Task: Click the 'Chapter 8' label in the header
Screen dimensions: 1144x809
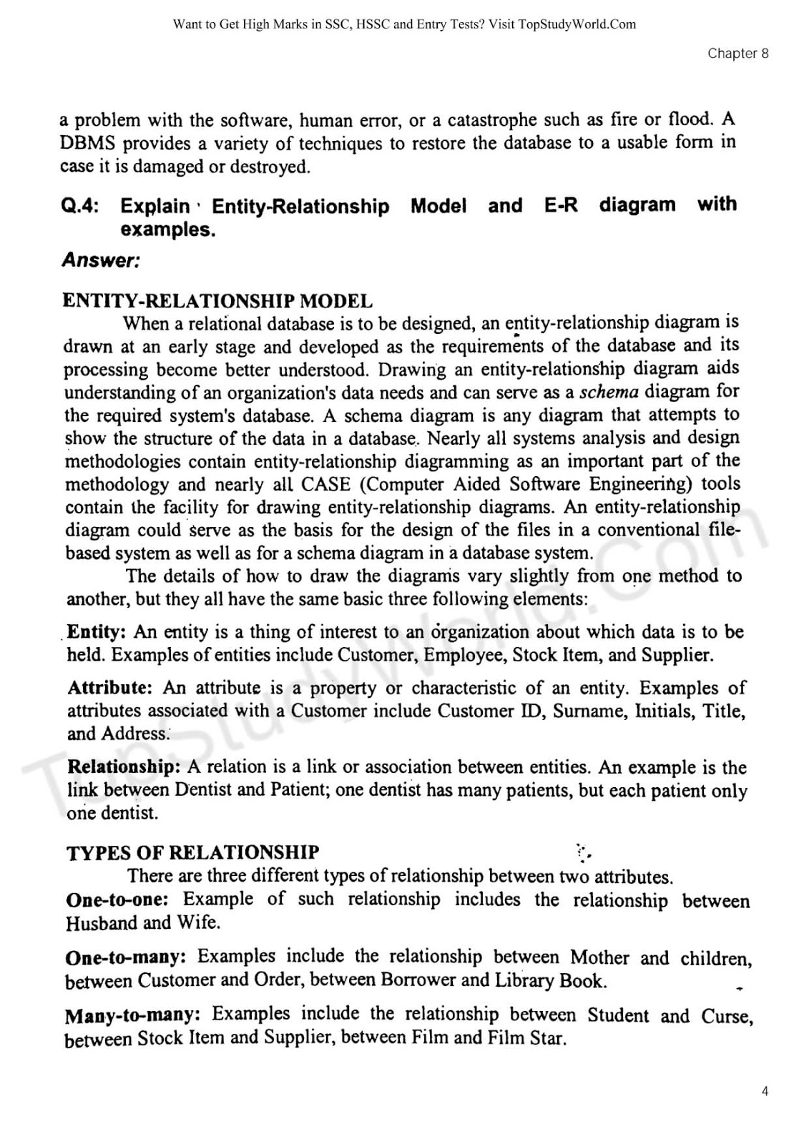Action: pyautogui.click(x=737, y=54)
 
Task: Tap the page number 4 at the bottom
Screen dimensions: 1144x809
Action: pyautogui.click(x=765, y=1092)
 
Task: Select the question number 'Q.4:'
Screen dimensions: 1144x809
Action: pyautogui.click(x=80, y=207)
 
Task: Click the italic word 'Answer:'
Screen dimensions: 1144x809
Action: pyautogui.click(x=101, y=260)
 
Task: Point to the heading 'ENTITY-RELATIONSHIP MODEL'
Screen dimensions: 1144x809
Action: pyautogui.click(x=217, y=301)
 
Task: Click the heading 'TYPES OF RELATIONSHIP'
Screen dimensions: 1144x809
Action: pyautogui.click(x=192, y=852)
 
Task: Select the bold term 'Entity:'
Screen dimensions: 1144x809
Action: pyautogui.click(x=97, y=632)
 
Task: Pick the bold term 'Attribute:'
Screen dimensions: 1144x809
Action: pyautogui.click(x=110, y=688)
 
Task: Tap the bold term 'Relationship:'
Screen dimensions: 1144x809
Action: pyautogui.click(x=124, y=767)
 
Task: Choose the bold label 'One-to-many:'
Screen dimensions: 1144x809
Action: pyautogui.click(x=125, y=957)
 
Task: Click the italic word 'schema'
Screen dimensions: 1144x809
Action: pyautogui.click(x=609, y=392)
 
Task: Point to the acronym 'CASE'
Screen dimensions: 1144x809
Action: pyautogui.click(x=325, y=484)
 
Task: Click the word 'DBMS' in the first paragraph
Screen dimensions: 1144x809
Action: pyautogui.click(x=86, y=143)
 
